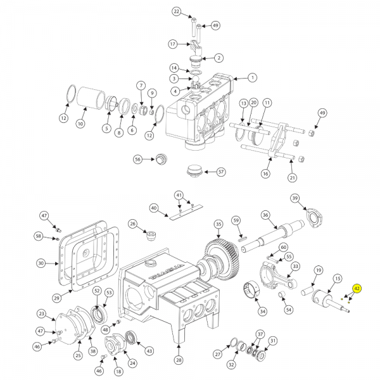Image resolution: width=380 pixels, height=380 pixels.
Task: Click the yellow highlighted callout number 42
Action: point(357,289)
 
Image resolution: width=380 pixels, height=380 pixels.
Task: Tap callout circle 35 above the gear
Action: point(218,224)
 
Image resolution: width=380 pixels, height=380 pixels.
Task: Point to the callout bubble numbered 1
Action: point(252,78)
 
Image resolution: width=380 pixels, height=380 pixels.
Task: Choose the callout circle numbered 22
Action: point(177,11)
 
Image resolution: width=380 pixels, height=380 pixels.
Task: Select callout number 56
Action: point(137,160)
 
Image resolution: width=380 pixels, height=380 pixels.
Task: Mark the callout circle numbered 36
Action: point(265,214)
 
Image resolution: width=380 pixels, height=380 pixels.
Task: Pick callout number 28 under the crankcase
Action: point(179,360)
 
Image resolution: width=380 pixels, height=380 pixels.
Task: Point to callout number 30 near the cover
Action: point(41,263)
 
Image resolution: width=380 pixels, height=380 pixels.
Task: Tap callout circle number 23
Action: point(42,313)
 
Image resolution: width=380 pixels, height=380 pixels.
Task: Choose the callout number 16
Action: point(265,174)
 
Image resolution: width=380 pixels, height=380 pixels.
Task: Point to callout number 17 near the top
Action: point(172,44)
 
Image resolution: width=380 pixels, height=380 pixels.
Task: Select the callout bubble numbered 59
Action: point(236,220)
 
